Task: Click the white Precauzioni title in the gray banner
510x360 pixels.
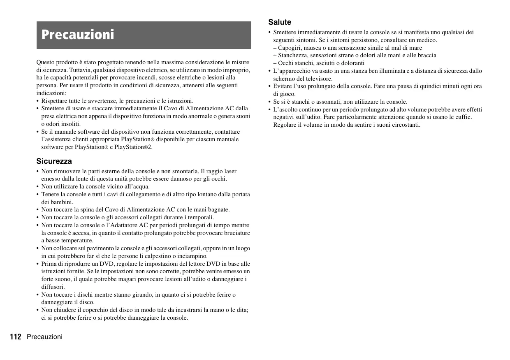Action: pyautogui.click(x=78, y=35)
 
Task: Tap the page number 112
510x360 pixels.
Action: pyautogui.click(x=16, y=337)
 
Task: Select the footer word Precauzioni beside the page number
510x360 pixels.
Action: pyautogui.click(x=45, y=337)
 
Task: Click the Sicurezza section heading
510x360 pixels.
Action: pyautogui.click(x=54, y=161)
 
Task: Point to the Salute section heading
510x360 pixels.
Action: pyautogui.click(x=280, y=22)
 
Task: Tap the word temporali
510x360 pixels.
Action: pyautogui.click(x=201, y=217)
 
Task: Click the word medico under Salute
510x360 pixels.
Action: pyautogui.click(x=427, y=40)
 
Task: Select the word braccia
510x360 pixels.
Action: pyautogui.click(x=427, y=55)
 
